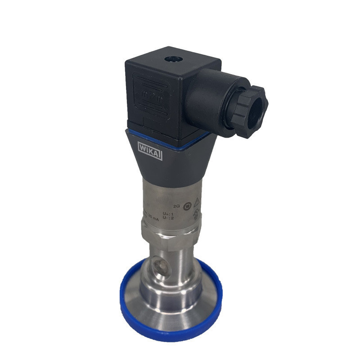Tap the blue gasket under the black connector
tap(171, 136)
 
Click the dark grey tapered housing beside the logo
tap(184, 157)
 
